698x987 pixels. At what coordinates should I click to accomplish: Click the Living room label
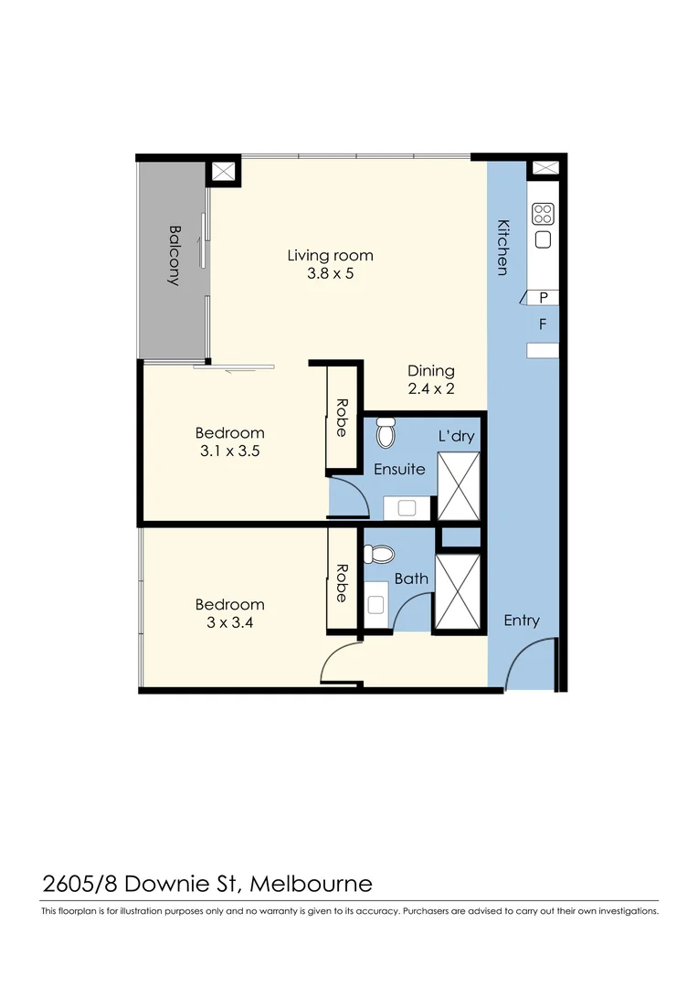click(x=330, y=256)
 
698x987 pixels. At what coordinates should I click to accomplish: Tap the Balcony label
click(x=174, y=256)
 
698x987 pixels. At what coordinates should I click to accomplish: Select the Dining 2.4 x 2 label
click(x=430, y=379)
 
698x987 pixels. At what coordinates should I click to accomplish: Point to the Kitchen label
click(x=502, y=247)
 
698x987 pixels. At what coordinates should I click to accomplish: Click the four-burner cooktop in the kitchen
click(x=543, y=213)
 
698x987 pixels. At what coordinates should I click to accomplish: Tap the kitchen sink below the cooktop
click(x=543, y=239)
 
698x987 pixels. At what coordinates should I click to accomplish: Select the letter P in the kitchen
click(x=544, y=297)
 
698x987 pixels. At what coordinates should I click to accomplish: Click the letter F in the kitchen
click(x=543, y=324)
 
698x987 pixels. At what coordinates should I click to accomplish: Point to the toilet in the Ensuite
click(x=385, y=432)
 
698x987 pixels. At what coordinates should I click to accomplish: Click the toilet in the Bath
click(x=378, y=554)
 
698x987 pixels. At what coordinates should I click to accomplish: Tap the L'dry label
click(x=457, y=436)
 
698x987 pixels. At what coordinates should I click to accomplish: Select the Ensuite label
click(x=399, y=469)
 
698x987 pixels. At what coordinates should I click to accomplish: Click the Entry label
click(x=522, y=621)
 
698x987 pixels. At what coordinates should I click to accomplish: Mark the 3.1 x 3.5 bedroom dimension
click(x=230, y=451)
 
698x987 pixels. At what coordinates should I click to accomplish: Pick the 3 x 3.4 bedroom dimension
click(x=230, y=622)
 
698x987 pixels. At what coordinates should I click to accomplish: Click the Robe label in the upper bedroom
click(x=342, y=417)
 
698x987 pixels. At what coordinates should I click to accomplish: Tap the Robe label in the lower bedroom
click(x=342, y=582)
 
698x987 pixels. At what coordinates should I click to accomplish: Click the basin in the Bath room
click(x=375, y=603)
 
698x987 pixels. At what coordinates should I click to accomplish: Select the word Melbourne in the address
click(x=312, y=884)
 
